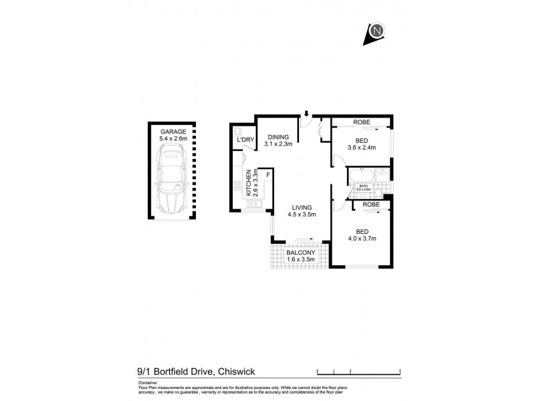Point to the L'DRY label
coord(245,140)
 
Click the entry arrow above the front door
coord(306,114)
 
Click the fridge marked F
coord(267,175)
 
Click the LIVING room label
coord(301,207)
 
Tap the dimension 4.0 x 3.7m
coord(362,239)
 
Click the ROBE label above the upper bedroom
coord(362,122)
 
